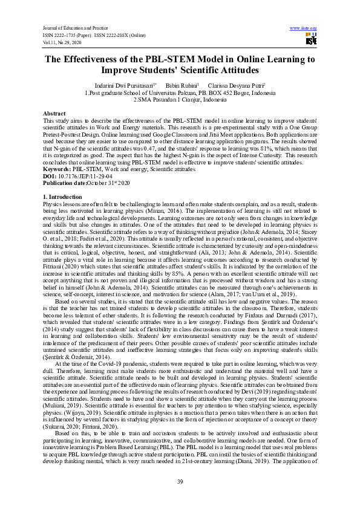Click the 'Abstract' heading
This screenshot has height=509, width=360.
pyautogui.click(x=54, y=114)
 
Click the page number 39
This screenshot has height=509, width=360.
pyautogui.click(x=180, y=481)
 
